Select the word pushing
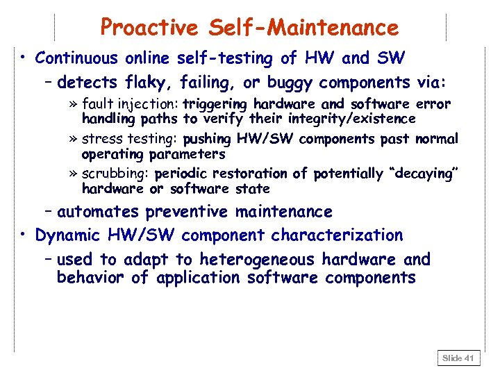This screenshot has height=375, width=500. tap(208, 139)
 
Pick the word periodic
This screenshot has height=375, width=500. tap(182, 174)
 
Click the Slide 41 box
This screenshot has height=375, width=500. tap(458, 358)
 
